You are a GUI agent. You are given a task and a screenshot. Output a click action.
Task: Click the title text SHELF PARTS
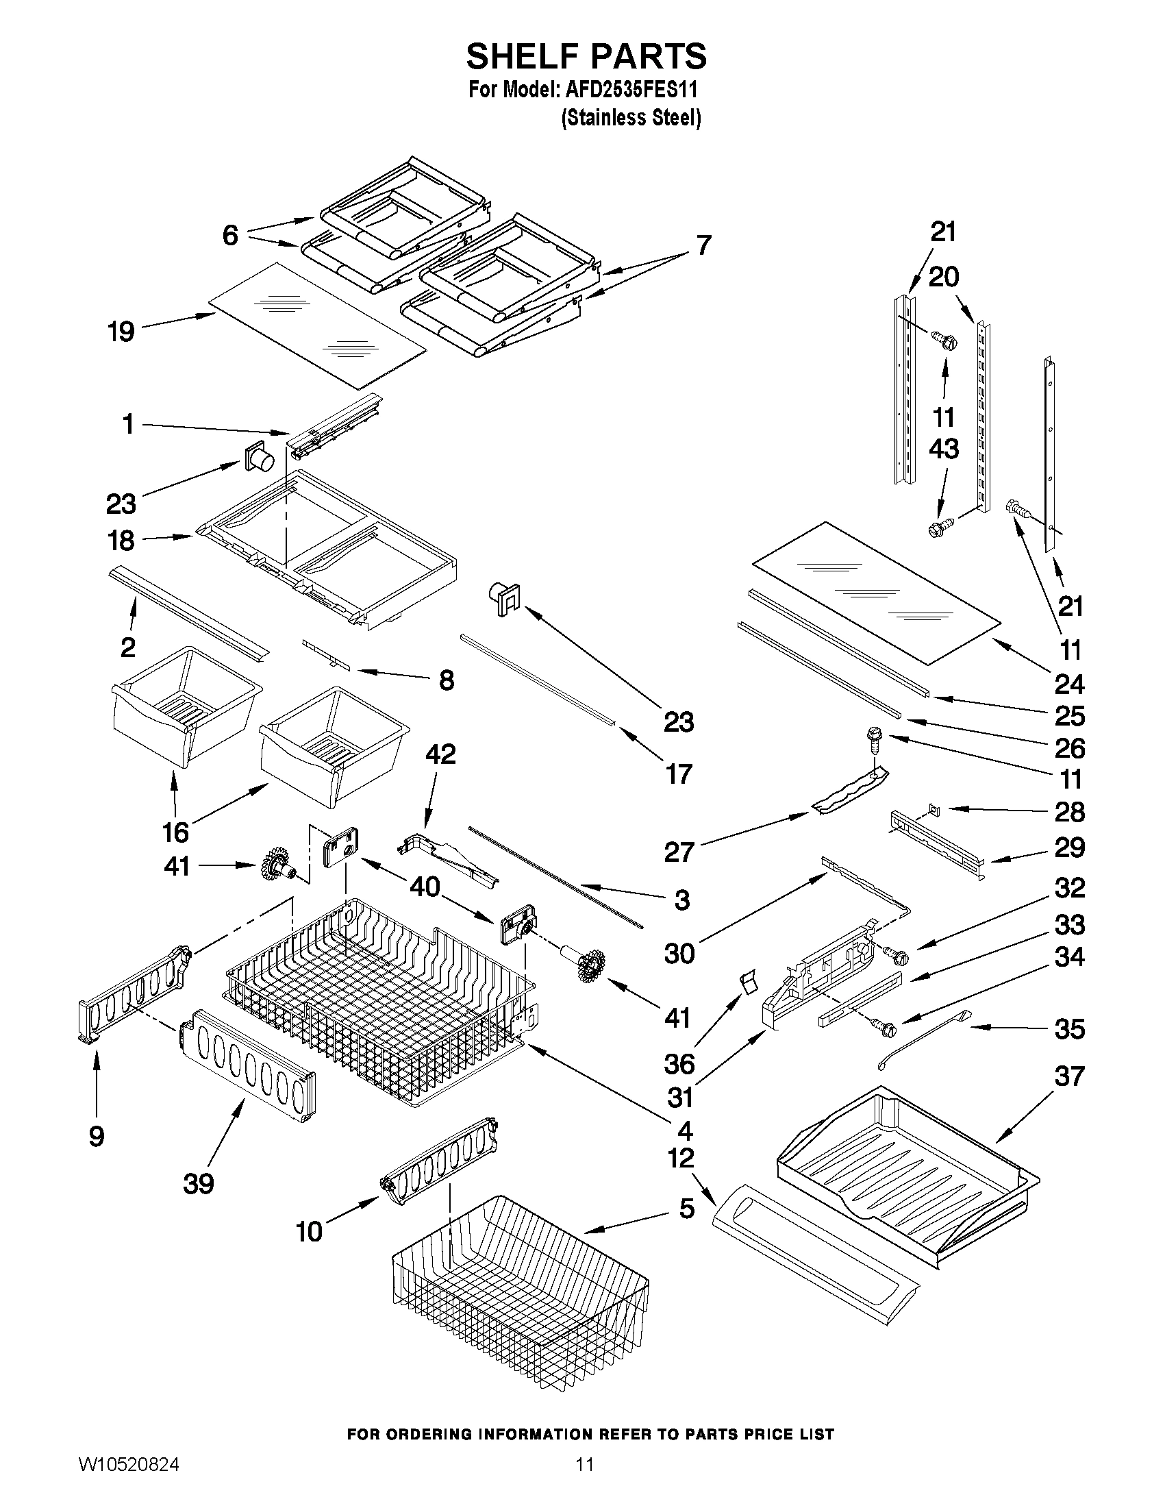click(586, 56)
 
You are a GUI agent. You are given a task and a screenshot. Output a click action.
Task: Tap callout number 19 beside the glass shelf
click(121, 332)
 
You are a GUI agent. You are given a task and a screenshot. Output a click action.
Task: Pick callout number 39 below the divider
click(199, 1184)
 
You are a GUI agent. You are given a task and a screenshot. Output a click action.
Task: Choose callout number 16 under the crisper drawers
click(175, 832)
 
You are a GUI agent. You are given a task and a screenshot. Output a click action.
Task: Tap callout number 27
click(679, 853)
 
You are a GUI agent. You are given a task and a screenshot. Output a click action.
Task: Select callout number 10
click(308, 1231)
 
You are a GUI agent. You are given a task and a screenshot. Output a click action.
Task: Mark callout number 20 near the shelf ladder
click(944, 277)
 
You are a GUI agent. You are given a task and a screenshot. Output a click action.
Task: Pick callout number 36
click(679, 1064)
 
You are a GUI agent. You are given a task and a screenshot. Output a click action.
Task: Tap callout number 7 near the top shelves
click(703, 245)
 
